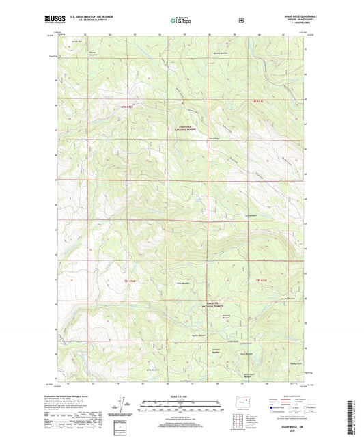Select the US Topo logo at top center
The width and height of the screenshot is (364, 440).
(x=181, y=20)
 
